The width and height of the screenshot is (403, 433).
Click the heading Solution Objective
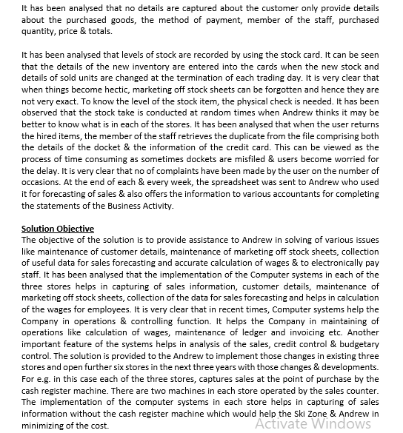58,229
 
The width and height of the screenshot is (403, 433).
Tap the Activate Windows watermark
313,423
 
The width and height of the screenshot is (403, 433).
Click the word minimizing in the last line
47,426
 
